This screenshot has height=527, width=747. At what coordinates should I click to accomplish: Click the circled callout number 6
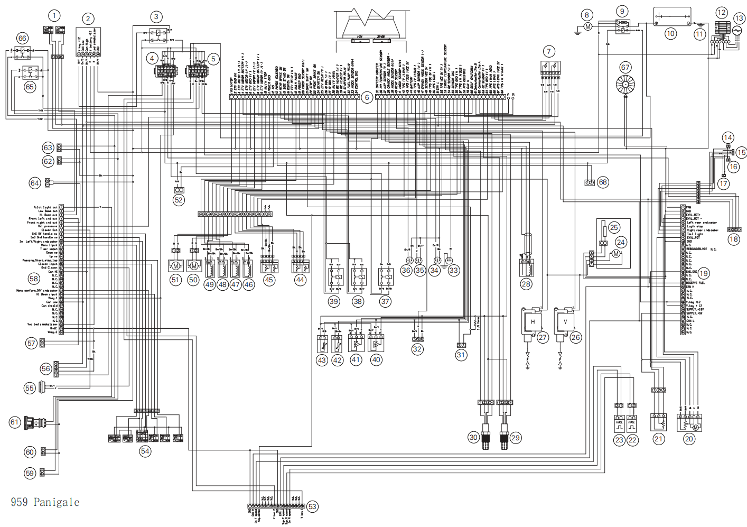coord(367,97)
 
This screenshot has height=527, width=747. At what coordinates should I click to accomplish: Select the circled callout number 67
coord(625,67)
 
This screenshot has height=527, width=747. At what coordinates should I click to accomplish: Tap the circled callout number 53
coord(312,506)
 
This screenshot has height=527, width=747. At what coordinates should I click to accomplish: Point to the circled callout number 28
coord(526,284)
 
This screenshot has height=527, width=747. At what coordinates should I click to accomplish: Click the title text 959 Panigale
coord(45,502)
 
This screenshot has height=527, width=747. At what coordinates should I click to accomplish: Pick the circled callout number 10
coord(670,33)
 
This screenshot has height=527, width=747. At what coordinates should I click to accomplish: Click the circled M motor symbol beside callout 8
coord(587,26)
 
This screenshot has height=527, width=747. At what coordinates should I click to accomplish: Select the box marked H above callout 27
coord(533,321)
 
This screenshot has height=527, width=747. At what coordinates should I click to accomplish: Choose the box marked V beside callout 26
coord(565,321)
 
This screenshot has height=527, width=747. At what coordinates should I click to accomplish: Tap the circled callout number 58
coord(34,279)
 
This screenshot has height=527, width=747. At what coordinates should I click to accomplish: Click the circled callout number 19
coord(703,273)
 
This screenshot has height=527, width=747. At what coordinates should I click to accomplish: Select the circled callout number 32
coord(417,349)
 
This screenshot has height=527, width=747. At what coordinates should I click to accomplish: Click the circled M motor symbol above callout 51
coord(175,265)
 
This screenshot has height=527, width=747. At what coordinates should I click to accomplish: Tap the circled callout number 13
coord(739,19)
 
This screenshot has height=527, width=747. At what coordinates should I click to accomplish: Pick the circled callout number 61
coord(15,422)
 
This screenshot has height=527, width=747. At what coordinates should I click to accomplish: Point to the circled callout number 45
coord(269,280)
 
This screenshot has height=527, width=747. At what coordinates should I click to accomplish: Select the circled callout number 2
coord(88,19)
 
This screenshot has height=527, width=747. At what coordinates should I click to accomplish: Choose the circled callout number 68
coord(603,182)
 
